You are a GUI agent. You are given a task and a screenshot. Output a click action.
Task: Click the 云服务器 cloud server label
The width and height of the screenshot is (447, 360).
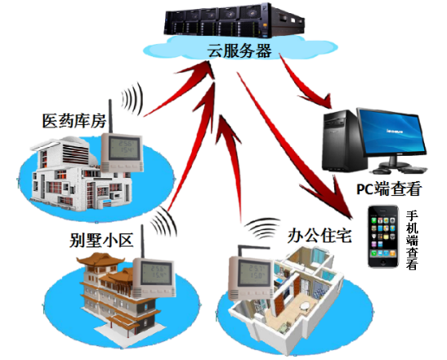pyautogui.click(x=239, y=51)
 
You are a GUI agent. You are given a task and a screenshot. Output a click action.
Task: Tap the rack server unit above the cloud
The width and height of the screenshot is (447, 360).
pyautogui.click(x=235, y=21)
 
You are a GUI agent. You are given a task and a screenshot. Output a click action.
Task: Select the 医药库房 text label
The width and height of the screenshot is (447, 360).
pyautogui.click(x=74, y=121)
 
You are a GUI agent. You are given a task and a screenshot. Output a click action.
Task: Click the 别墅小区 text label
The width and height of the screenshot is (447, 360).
pyautogui.click(x=101, y=240)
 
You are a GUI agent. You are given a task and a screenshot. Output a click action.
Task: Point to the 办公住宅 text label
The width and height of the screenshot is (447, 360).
pyautogui.click(x=320, y=236)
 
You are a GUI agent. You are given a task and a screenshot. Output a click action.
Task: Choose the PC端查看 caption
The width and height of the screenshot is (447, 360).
pyautogui.click(x=389, y=189)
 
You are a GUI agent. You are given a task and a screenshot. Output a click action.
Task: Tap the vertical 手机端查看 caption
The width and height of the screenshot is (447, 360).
pyautogui.click(x=412, y=240)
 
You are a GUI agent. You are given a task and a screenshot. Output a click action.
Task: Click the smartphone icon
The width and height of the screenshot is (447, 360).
pyautogui.click(x=383, y=237)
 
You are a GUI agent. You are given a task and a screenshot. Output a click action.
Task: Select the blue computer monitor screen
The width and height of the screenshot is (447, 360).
pyautogui.click(x=391, y=133)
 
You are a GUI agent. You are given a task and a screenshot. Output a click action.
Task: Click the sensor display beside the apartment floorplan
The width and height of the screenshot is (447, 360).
pyautogui.click(x=250, y=278)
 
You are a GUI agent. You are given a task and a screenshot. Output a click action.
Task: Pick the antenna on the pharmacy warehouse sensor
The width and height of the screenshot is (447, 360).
pyautogui.click(x=110, y=116)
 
